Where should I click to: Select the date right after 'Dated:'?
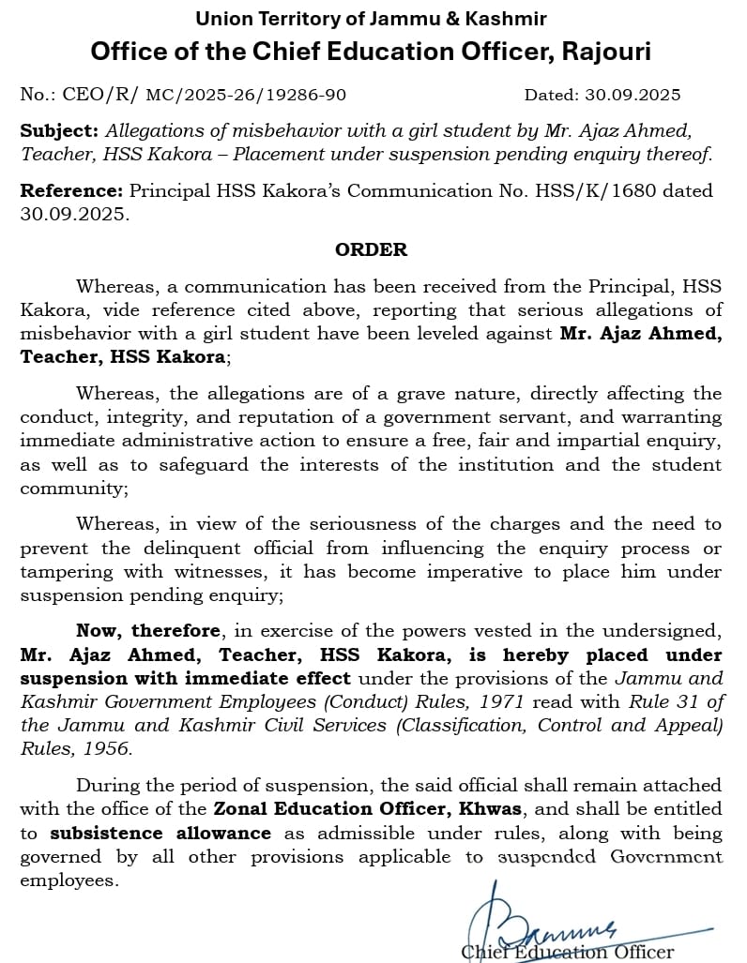638,95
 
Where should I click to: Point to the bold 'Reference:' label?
71,190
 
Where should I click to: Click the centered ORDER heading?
372,249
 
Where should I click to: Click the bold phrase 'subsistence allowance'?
160,833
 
